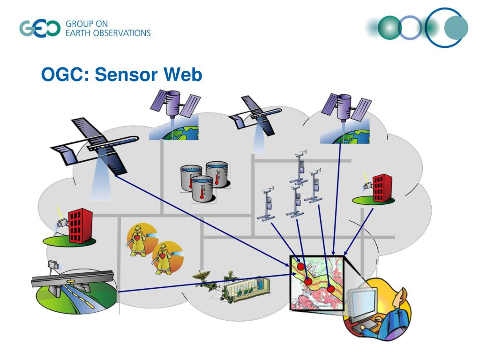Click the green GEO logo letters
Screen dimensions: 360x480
click(40, 28)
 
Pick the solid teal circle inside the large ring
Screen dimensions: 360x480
click(456, 28)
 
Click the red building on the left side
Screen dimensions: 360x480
click(80, 226)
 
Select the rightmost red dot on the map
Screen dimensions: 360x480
click(331, 289)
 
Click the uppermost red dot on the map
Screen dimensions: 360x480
click(301, 267)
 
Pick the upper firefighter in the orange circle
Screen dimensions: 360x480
click(140, 239)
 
